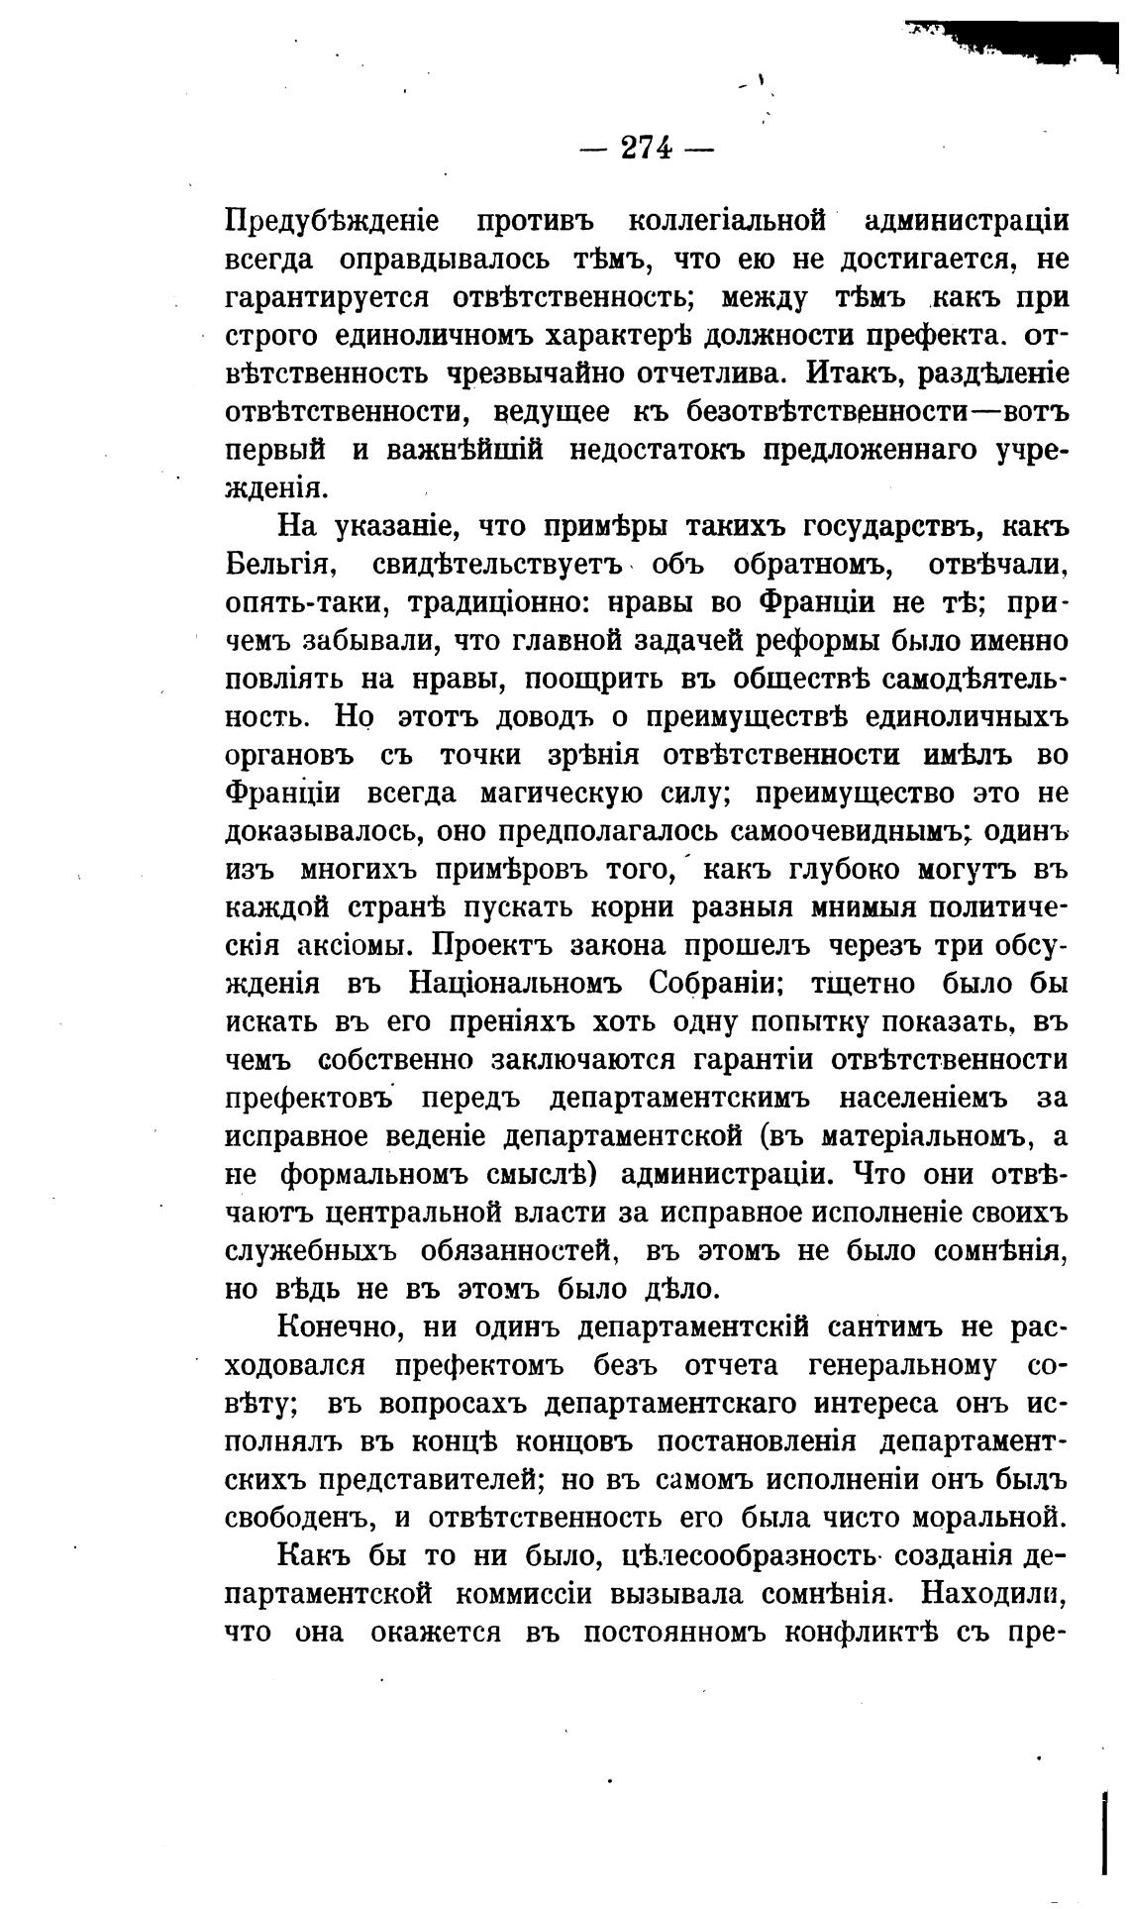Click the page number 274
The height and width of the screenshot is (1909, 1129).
[647, 149]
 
